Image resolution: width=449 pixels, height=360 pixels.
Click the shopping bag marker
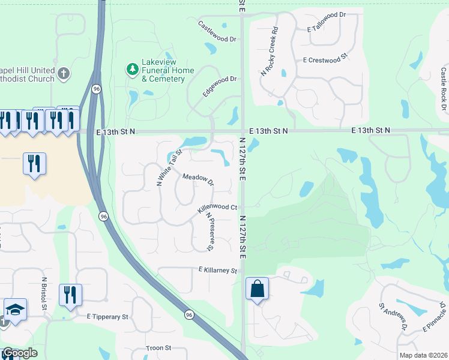tap(257, 289)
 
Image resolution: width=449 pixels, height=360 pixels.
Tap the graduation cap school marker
tap(16, 310)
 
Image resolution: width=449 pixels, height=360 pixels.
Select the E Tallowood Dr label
tap(327, 29)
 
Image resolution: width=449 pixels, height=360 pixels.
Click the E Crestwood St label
tap(326, 60)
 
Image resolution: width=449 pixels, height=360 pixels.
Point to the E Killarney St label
tap(218, 271)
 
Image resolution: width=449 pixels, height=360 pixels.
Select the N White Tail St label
tap(169, 167)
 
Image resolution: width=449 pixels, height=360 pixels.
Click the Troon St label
tap(159, 348)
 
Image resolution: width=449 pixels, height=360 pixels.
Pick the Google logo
tap(19, 353)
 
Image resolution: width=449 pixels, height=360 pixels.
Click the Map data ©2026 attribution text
tap(423, 355)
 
